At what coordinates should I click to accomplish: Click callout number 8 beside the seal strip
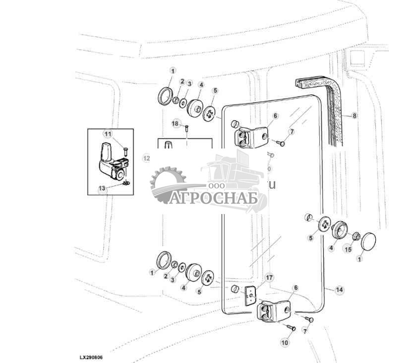354,116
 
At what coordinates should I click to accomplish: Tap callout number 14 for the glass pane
339,290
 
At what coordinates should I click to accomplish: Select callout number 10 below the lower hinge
284,343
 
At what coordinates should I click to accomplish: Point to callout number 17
269,278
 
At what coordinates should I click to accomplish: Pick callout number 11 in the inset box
108,133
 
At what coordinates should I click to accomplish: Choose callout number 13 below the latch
102,189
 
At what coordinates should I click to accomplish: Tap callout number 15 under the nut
348,249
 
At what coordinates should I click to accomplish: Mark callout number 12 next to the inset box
146,158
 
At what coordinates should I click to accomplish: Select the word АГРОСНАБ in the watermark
214,198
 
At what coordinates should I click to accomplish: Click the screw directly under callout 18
187,130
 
